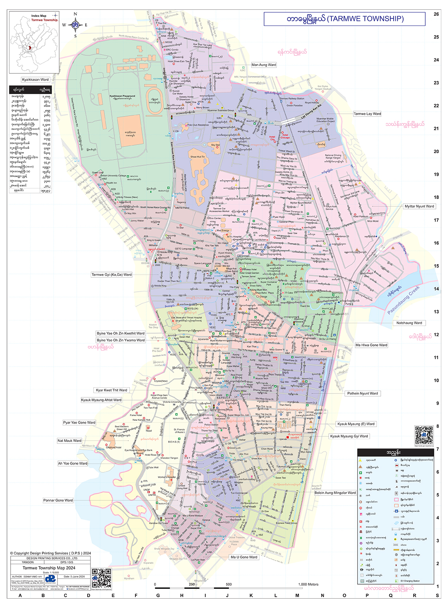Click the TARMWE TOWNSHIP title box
coord(344,19)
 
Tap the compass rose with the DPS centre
coord(75,25)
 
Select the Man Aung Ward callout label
coord(263,65)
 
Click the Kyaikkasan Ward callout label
coord(35,80)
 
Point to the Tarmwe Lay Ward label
coord(367,114)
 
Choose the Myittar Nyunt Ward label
coord(419,206)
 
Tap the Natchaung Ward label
coord(409,323)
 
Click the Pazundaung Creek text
coord(403,300)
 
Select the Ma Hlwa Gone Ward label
coord(371,345)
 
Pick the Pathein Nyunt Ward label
coord(362,393)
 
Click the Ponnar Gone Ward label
coord(58,500)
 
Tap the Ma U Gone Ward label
coord(244,557)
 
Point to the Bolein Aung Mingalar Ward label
coord(335,493)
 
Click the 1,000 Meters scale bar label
coord(308,584)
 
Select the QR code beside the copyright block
coord(102,578)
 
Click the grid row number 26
coord(436,14)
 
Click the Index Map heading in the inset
coord(39,16)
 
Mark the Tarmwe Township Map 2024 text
coord(49,568)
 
